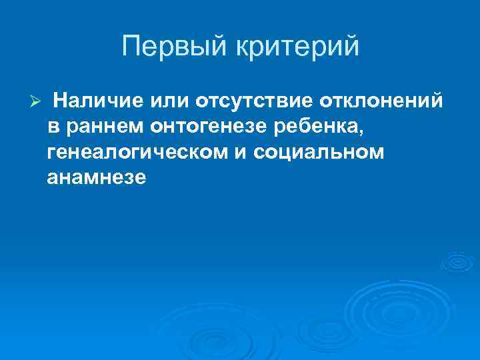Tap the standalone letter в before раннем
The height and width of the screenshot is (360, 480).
point(53,127)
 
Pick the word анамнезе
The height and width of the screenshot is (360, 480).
point(96,178)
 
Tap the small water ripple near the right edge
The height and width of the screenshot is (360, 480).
point(460,262)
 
